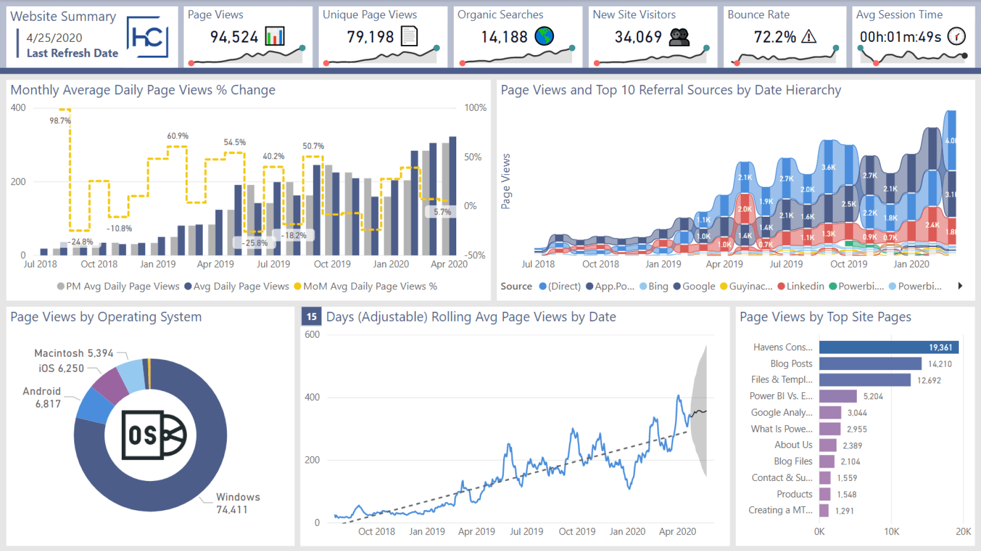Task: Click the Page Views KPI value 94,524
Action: pos(234,37)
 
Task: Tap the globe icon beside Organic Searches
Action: pos(544,36)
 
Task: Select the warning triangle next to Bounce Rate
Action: pos(809,37)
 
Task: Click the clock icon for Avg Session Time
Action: pos(956,36)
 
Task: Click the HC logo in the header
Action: pos(147,37)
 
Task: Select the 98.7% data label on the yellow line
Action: pos(60,121)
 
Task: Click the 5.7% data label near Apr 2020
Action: pos(442,212)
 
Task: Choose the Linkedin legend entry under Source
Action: pos(801,286)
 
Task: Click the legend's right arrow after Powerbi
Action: pos(960,286)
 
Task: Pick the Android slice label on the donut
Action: pos(42,397)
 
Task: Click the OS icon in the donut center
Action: pos(154,435)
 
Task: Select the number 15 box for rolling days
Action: pos(311,317)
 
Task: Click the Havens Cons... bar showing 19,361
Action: pos(889,348)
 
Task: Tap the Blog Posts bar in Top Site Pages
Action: pos(870,364)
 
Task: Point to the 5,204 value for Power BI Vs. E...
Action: pos(873,397)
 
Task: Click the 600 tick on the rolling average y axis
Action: pos(312,335)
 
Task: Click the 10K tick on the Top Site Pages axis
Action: pos(892,532)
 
